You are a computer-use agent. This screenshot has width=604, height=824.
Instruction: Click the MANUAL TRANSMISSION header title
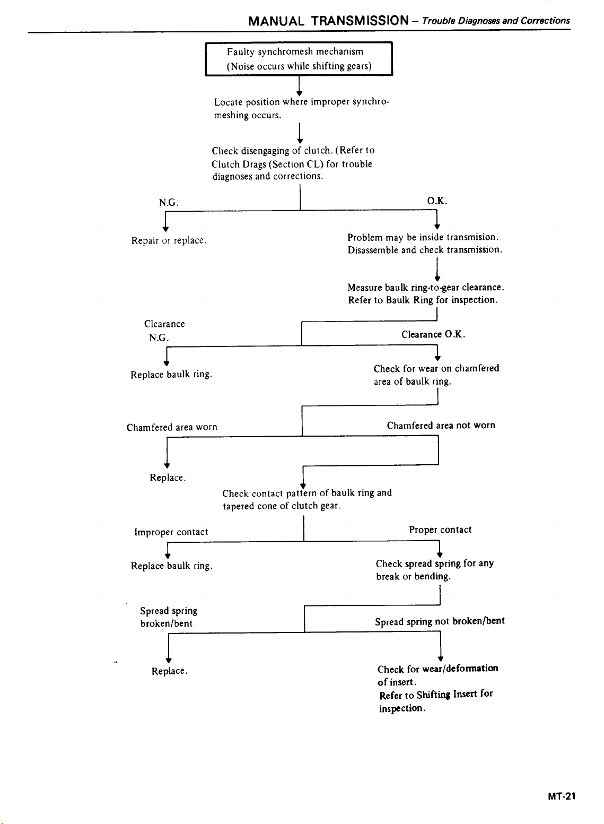point(328,21)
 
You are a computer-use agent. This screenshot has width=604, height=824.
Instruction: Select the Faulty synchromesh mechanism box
point(299,59)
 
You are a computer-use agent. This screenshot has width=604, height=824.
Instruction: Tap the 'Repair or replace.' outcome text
point(169,240)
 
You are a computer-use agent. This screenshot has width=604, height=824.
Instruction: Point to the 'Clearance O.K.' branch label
point(433,334)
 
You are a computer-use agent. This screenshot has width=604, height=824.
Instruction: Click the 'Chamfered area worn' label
point(172,427)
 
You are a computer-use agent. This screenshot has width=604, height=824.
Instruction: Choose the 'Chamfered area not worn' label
point(441,425)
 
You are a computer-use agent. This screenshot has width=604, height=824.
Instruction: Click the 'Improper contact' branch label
point(171,532)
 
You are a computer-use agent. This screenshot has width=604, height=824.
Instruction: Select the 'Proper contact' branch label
point(440,530)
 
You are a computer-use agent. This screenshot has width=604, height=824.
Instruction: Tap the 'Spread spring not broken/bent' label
point(440,621)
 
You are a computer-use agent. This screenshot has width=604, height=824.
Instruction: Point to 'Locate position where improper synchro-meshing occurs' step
point(301,108)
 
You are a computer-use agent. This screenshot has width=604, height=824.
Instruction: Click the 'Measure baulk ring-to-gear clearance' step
point(426,293)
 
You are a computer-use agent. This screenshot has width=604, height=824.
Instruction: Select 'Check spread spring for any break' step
point(434,570)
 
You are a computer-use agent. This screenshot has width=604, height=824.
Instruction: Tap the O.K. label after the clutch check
point(437,201)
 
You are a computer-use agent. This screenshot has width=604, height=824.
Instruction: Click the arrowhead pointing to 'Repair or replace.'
point(165,229)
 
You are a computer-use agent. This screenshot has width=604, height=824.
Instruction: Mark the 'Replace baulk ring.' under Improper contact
point(172,566)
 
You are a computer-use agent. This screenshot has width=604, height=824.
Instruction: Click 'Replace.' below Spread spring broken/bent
point(170,671)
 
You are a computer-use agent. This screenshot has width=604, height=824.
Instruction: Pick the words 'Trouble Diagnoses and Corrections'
point(496,21)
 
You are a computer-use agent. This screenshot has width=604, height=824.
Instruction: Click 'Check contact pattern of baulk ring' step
point(307,499)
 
